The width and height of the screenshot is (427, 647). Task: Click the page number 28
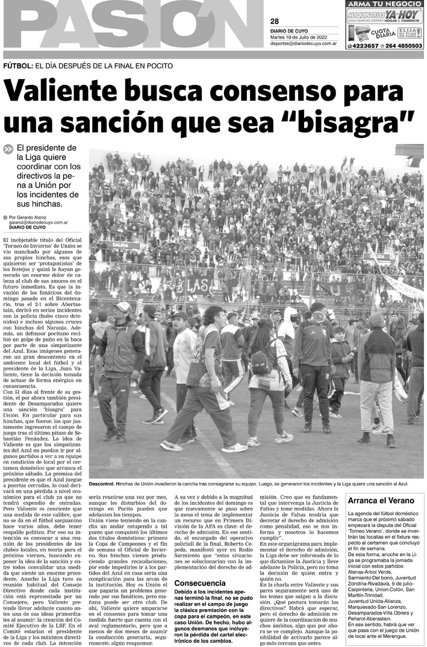[x=275, y=22]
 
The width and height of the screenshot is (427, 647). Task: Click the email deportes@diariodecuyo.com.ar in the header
[x=303, y=43]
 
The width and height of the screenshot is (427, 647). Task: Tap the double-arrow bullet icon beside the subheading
[x=8, y=149]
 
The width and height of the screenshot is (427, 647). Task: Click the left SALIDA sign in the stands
[x=120, y=245]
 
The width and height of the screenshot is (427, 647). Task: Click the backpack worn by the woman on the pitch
[x=260, y=362]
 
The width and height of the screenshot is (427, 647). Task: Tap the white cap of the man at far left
[x=123, y=306]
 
